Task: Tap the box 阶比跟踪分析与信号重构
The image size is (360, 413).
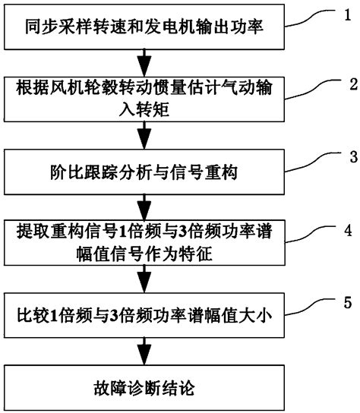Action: tap(141, 174)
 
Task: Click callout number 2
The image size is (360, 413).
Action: tap(344, 81)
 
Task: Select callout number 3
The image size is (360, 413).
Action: tap(344, 158)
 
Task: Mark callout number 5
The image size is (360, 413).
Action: tap(344, 302)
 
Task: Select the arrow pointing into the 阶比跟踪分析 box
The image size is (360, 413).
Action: tap(141, 138)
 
